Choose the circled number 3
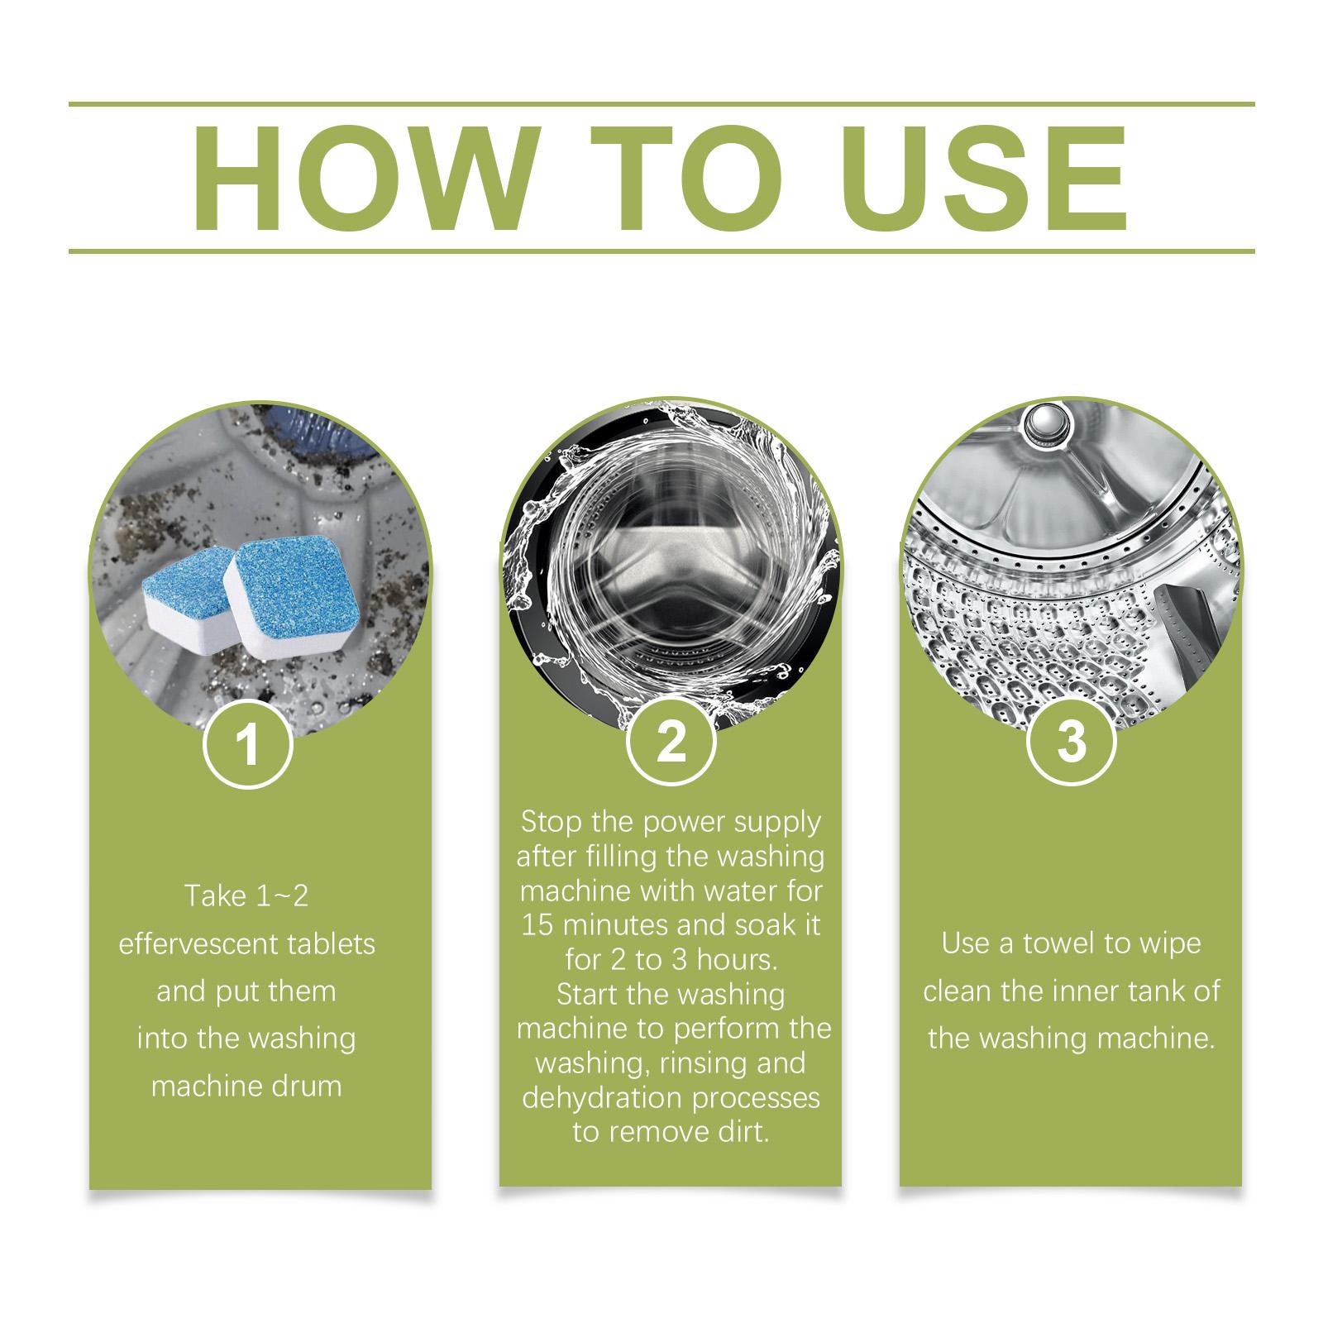(1071, 741)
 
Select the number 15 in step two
(537, 924)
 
